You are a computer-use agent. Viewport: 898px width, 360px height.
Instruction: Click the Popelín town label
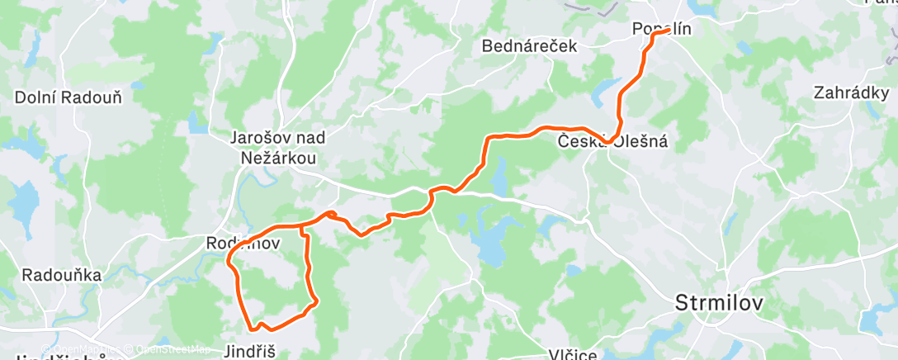point(661,29)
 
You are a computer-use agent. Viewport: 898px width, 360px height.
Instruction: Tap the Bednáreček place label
point(529,46)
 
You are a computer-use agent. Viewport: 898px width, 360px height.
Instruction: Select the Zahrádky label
point(850,92)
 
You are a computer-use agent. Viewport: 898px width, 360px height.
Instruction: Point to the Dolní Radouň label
point(69,97)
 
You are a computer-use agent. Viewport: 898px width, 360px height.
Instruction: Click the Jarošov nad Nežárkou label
point(273,149)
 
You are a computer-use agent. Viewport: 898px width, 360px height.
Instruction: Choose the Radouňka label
point(62,275)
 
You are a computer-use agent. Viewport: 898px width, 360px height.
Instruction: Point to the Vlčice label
point(573,354)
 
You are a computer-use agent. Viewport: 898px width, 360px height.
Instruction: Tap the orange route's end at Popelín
point(667,32)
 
